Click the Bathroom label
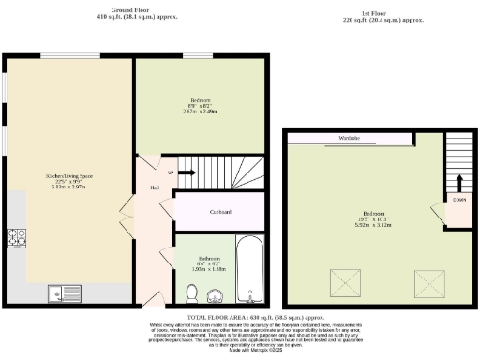[x=208, y=258]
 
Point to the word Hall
[x=153, y=187]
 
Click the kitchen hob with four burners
[x=18, y=237]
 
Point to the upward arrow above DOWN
[x=459, y=181]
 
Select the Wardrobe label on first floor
[x=349, y=139]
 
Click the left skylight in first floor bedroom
[x=338, y=280]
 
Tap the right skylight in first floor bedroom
[x=430, y=280]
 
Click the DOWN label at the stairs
[x=459, y=200]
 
